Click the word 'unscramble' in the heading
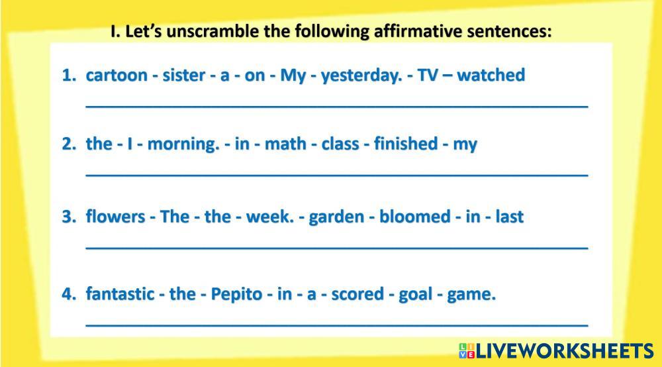tap(213, 31)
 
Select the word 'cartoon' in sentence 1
tap(117, 75)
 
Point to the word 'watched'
tap(491, 75)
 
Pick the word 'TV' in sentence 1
tap(428, 75)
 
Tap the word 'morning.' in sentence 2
tap(183, 144)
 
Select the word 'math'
tap(285, 144)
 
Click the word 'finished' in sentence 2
tap(406, 143)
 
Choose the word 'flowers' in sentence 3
tap(115, 217)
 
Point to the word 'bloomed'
tap(414, 217)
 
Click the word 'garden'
tap(336, 217)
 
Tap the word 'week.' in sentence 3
tap(270, 217)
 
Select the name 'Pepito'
tap(236, 294)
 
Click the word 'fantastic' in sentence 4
tap(120, 294)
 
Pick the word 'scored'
tap(357, 294)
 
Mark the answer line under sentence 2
tap(337, 174)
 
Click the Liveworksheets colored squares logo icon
tap(467, 351)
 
